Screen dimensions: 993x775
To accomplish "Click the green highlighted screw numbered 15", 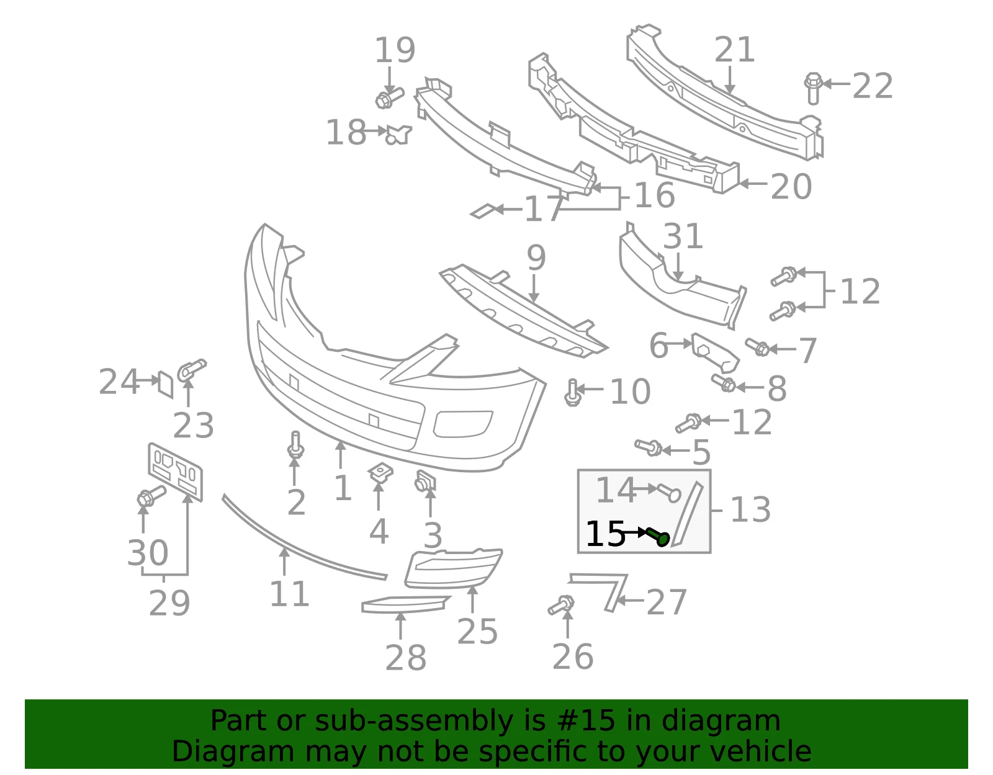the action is [658, 536].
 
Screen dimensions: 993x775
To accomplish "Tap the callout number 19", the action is [395, 50].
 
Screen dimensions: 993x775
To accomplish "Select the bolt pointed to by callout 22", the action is [813, 88].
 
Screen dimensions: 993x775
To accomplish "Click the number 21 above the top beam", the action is [734, 49].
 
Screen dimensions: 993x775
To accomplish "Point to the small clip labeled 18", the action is [398, 135].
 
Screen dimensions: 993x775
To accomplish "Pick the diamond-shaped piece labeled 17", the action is [484, 211].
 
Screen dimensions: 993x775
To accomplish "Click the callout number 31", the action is [683, 236].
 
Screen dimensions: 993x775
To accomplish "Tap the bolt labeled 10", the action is [572, 392].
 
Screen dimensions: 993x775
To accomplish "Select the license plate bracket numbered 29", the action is [176, 472].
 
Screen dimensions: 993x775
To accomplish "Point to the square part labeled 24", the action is [165, 384].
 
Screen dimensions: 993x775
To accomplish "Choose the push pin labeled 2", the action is [295, 446].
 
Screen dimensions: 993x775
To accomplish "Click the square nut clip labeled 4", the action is [380, 473].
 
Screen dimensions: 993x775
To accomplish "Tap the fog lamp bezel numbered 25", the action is [453, 568].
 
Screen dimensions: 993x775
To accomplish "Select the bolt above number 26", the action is [561, 604].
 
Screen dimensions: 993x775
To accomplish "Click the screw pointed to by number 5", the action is [649, 447].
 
